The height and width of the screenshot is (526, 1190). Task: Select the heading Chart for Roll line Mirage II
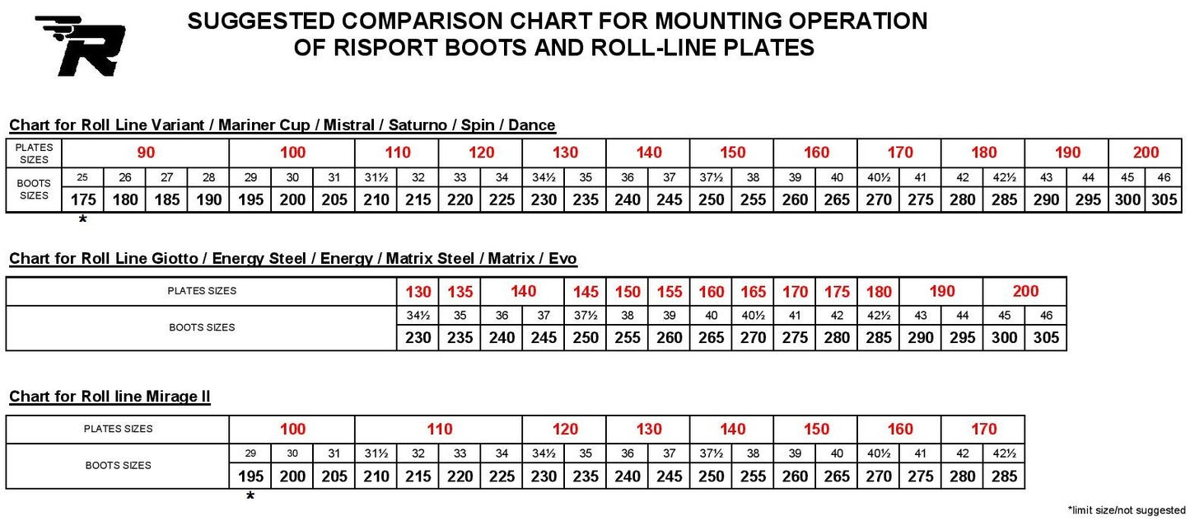point(110,397)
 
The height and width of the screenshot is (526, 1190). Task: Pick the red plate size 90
point(146,153)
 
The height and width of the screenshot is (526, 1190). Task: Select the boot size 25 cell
point(83,177)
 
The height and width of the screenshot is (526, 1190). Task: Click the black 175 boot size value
point(83,200)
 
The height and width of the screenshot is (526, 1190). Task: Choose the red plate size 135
point(460,292)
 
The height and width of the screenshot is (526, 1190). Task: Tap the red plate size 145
point(586,292)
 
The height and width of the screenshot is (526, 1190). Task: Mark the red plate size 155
point(670,292)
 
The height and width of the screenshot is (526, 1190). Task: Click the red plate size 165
point(754,292)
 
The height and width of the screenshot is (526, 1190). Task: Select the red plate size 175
point(837,292)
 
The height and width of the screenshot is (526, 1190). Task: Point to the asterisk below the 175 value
point(82,220)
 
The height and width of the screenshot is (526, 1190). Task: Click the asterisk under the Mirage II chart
point(250,496)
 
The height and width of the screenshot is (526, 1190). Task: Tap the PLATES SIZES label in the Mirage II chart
point(118,429)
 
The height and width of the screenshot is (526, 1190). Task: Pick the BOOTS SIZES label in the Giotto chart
point(202,327)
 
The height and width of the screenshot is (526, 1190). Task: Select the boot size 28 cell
point(208,177)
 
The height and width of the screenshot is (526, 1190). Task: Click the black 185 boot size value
point(166,200)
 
